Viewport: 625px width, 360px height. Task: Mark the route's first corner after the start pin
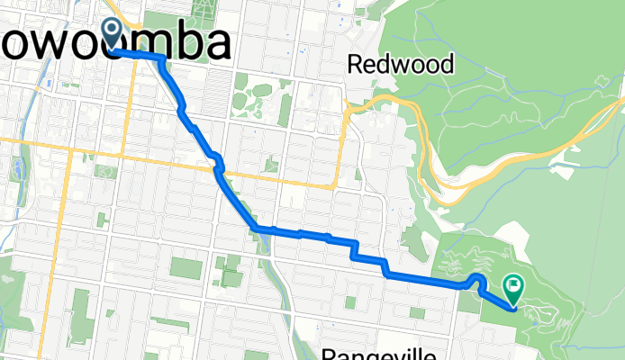click(x=162, y=58)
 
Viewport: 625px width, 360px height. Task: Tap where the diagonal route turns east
click(x=258, y=226)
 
